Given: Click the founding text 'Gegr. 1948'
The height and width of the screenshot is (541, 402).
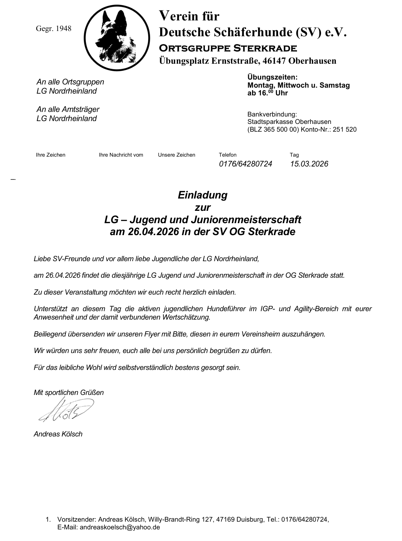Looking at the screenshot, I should tap(54, 29).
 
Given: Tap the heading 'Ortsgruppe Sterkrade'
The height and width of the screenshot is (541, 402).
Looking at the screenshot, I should tap(228, 48).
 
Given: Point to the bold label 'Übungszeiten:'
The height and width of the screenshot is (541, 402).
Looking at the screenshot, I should tap(272, 77).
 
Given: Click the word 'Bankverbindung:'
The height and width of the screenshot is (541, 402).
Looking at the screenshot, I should tap(272, 114).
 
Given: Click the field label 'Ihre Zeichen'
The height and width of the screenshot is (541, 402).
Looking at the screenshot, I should tap(51, 155).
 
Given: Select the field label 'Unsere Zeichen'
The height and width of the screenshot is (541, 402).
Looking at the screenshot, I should tap(176, 155).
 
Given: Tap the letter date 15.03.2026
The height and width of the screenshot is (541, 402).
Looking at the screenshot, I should tap(309, 164).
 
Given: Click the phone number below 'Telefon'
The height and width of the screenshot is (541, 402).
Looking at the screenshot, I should tap(245, 164).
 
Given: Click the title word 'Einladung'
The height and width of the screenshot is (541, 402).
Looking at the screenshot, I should tap(202, 195).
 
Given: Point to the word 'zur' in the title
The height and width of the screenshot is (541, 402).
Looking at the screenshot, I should tap(202, 207).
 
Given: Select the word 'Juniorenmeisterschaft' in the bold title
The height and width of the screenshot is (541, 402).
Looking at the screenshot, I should tap(246, 220).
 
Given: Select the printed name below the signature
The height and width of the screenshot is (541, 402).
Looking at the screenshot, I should tap(58, 434).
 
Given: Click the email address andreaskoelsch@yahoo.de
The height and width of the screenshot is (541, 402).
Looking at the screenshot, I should tap(120, 527).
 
